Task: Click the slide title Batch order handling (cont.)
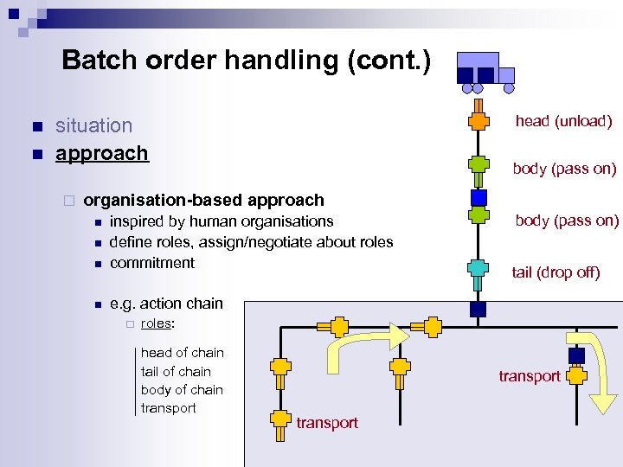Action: (x=245, y=61)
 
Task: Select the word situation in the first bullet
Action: (x=93, y=125)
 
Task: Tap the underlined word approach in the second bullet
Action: (x=101, y=153)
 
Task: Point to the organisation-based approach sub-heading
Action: (x=203, y=201)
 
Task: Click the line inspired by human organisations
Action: (x=221, y=221)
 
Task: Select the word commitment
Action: (x=152, y=263)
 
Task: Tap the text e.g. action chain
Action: (x=166, y=304)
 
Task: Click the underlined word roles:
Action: (x=157, y=323)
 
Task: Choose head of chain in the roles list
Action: (x=182, y=353)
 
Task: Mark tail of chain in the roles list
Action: (x=176, y=372)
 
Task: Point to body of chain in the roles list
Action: (x=182, y=390)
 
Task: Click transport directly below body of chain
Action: (x=168, y=408)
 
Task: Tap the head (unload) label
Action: (x=563, y=121)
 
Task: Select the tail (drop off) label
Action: (x=556, y=272)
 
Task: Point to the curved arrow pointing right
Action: (x=363, y=345)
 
